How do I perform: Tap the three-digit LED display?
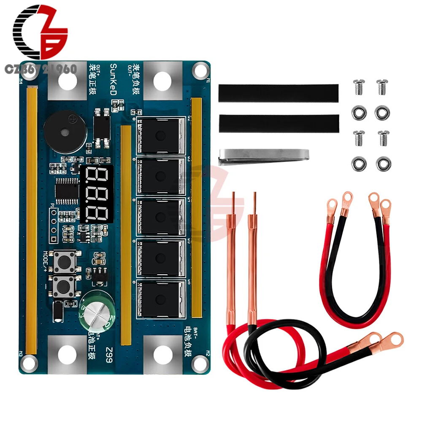click(96, 194)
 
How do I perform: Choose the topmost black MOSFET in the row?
click(161, 135)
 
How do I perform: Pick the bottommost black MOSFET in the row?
click(161, 299)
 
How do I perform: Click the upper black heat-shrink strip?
click(278, 92)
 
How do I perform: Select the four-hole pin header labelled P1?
click(53, 224)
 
